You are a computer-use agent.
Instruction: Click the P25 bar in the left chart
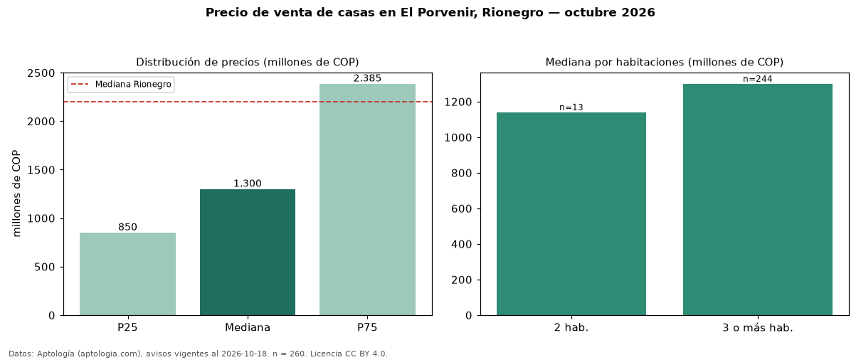(127, 274)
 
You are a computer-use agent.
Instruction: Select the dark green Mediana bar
(248, 253)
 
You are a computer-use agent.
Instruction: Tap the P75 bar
(367, 200)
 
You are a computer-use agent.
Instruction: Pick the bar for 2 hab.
(571, 214)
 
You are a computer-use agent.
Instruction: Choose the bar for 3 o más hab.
(758, 200)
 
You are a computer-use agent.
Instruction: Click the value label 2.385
(367, 78)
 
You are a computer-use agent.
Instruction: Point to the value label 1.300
(248, 184)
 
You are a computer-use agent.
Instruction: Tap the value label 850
(127, 227)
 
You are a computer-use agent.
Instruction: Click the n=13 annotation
(571, 107)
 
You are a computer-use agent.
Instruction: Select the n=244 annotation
(758, 79)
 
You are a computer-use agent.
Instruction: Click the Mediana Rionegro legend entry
(121, 85)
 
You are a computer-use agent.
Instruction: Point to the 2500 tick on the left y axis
(41, 73)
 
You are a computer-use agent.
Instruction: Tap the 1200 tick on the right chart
(458, 102)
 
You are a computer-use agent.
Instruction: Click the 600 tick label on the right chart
(462, 209)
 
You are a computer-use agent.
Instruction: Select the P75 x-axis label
(367, 327)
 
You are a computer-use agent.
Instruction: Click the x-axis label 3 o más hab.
(758, 328)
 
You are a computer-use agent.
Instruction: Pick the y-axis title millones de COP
(16, 194)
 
